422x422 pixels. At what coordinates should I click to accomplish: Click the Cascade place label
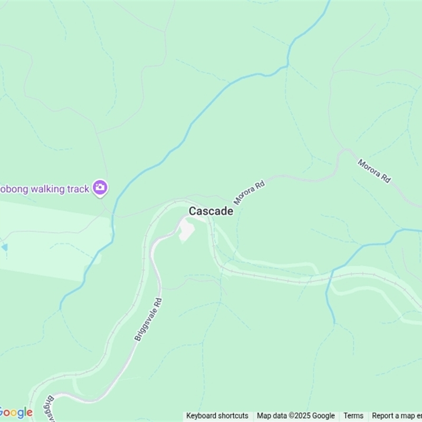pos(211,211)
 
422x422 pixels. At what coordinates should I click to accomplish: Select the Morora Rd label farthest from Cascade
pos(374,171)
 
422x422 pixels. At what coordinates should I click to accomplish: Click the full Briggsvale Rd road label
pos(149,319)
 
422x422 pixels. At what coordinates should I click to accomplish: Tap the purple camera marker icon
pos(100,187)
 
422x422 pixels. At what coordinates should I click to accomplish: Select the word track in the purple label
pos(77,189)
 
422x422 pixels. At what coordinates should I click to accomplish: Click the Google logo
pos(16,412)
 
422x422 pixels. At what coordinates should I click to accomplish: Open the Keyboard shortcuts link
pos(217,416)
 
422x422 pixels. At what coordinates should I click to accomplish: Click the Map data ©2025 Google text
pos(295,416)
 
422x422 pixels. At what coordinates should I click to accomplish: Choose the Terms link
pos(353,416)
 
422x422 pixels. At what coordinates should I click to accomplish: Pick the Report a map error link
pos(397,416)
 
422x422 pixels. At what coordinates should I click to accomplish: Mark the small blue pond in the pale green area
pos(4,247)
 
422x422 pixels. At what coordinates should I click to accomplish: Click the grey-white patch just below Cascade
pos(186,231)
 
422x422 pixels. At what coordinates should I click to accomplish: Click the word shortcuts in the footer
pos(232,416)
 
